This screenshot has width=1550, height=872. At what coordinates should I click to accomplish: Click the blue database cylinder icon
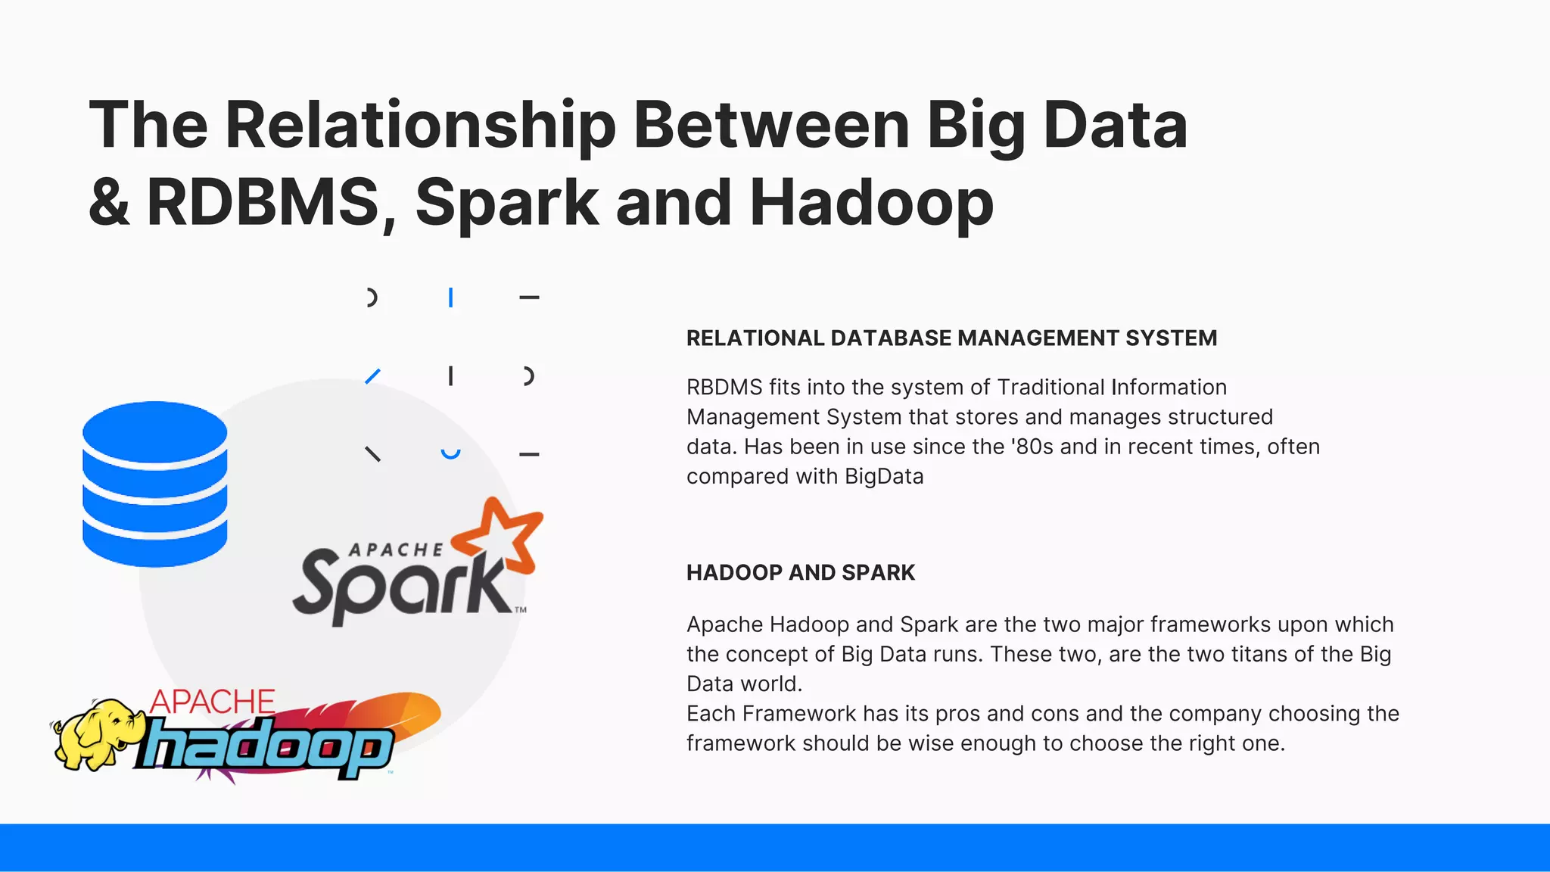154,484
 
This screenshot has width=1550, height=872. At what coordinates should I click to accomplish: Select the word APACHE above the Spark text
395,550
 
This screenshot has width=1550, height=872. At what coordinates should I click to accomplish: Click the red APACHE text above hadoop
212,702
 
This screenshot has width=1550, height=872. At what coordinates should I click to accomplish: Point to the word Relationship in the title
420,125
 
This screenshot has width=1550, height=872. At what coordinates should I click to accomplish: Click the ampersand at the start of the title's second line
109,202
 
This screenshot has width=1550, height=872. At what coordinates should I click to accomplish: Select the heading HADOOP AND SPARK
800,573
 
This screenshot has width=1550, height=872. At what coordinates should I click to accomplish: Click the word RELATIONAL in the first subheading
755,338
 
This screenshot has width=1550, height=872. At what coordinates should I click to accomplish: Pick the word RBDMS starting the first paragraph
724,388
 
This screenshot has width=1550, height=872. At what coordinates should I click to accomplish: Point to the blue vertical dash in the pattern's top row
450,297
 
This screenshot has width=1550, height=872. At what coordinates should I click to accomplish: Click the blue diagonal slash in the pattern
372,375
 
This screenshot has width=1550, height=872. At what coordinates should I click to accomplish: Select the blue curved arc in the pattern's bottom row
450,454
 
